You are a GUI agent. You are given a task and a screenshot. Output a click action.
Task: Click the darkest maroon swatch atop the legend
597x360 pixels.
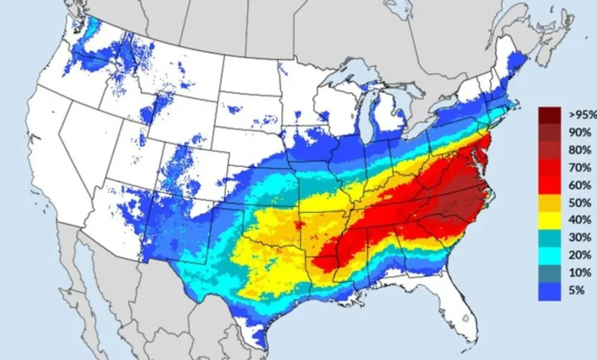tap(550, 114)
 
